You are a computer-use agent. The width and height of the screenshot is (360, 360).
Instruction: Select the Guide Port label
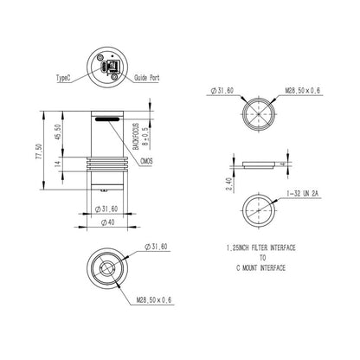(146, 77)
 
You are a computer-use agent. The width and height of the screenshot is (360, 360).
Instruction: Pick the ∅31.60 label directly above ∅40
(106, 208)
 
